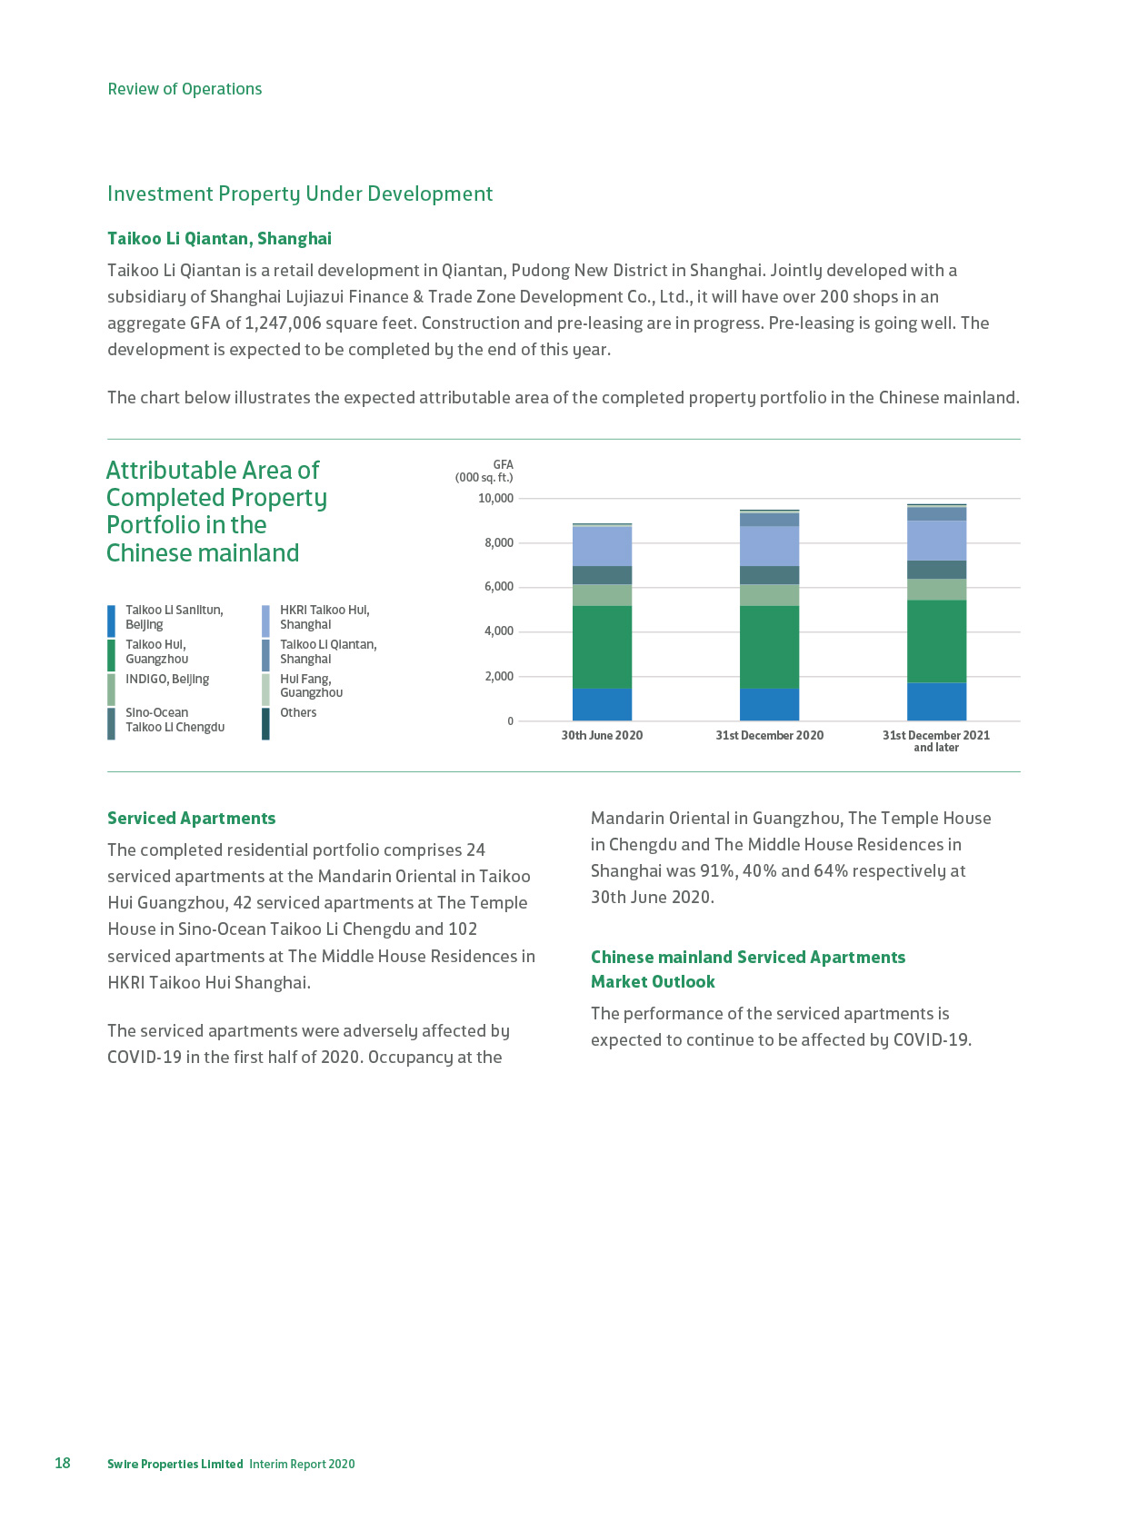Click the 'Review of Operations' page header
point(185,89)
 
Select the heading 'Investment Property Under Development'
point(300,194)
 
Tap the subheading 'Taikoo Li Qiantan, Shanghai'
point(219,238)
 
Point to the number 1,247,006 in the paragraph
point(283,323)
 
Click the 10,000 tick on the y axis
point(495,499)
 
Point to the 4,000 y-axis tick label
point(498,631)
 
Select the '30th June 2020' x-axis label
point(602,735)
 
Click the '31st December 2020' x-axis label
point(769,735)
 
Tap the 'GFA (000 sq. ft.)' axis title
point(484,471)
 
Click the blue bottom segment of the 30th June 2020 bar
point(602,704)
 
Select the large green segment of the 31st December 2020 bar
point(769,646)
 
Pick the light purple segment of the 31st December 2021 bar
point(936,541)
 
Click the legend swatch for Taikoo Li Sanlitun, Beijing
point(111,621)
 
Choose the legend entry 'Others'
point(298,713)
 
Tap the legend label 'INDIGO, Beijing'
point(167,680)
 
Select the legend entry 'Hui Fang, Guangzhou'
point(311,686)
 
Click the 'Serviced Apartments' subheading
point(191,818)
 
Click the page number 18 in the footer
point(62,1463)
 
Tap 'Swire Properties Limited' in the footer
point(175,1464)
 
